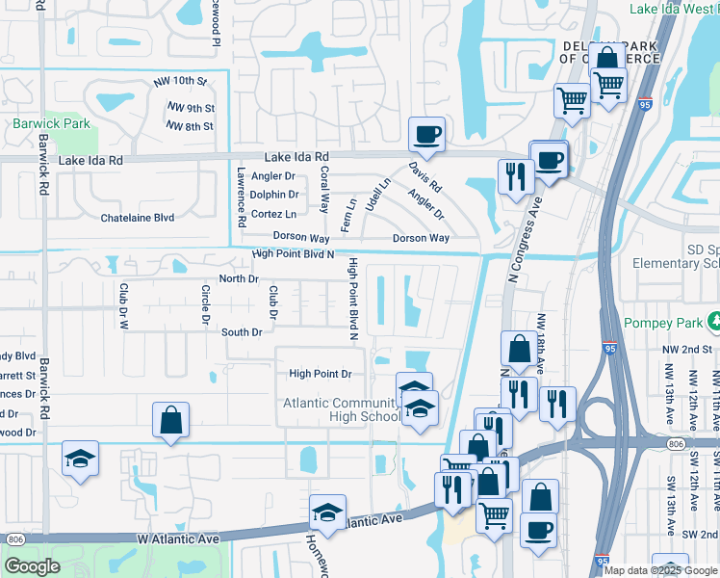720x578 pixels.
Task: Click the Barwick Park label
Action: [x=51, y=123]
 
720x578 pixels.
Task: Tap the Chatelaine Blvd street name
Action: [x=138, y=218]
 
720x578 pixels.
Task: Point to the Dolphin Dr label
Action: [x=274, y=195]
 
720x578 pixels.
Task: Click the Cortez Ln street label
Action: [x=273, y=214]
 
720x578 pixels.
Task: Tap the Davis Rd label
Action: [x=424, y=174]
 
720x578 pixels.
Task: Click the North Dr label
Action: [x=240, y=278]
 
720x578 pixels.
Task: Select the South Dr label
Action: [x=242, y=332]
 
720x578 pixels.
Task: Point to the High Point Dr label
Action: [x=321, y=374]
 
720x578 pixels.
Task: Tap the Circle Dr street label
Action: [x=205, y=303]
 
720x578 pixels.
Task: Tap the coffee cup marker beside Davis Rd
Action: [x=426, y=135]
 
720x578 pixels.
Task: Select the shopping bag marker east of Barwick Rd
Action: [x=170, y=420]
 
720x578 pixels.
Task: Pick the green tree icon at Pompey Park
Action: [x=713, y=319]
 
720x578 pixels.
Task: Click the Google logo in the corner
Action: [x=32, y=566]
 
